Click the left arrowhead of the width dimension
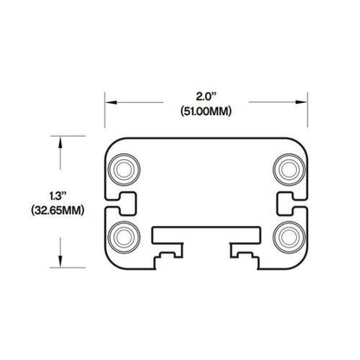click(x=110, y=100)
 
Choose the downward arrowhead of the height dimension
click(x=59, y=263)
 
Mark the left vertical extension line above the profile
click(x=105, y=112)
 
